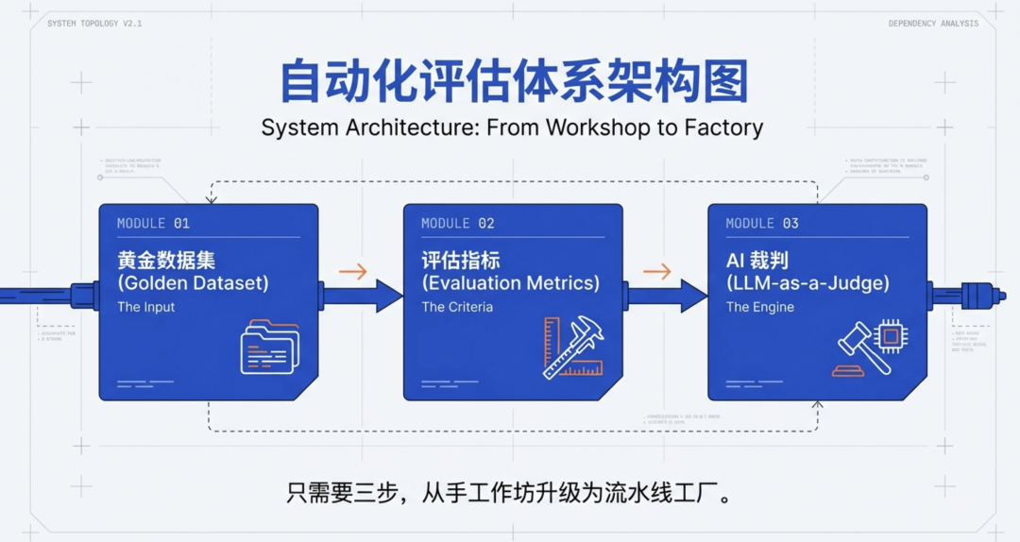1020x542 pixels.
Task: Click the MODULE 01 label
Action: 153,224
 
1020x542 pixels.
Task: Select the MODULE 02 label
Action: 457,224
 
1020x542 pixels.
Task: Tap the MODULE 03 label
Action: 761,224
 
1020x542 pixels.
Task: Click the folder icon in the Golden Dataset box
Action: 269,347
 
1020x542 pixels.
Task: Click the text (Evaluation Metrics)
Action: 510,283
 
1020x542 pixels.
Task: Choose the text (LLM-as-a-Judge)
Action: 807,283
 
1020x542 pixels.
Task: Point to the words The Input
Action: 145,307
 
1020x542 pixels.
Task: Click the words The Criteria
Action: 456,307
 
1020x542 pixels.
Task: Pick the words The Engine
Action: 759,307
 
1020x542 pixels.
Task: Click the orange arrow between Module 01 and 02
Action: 352,272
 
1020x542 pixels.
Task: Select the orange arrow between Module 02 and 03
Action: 656,272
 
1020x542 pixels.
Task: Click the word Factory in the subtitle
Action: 721,127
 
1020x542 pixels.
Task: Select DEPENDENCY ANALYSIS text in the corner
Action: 933,24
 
